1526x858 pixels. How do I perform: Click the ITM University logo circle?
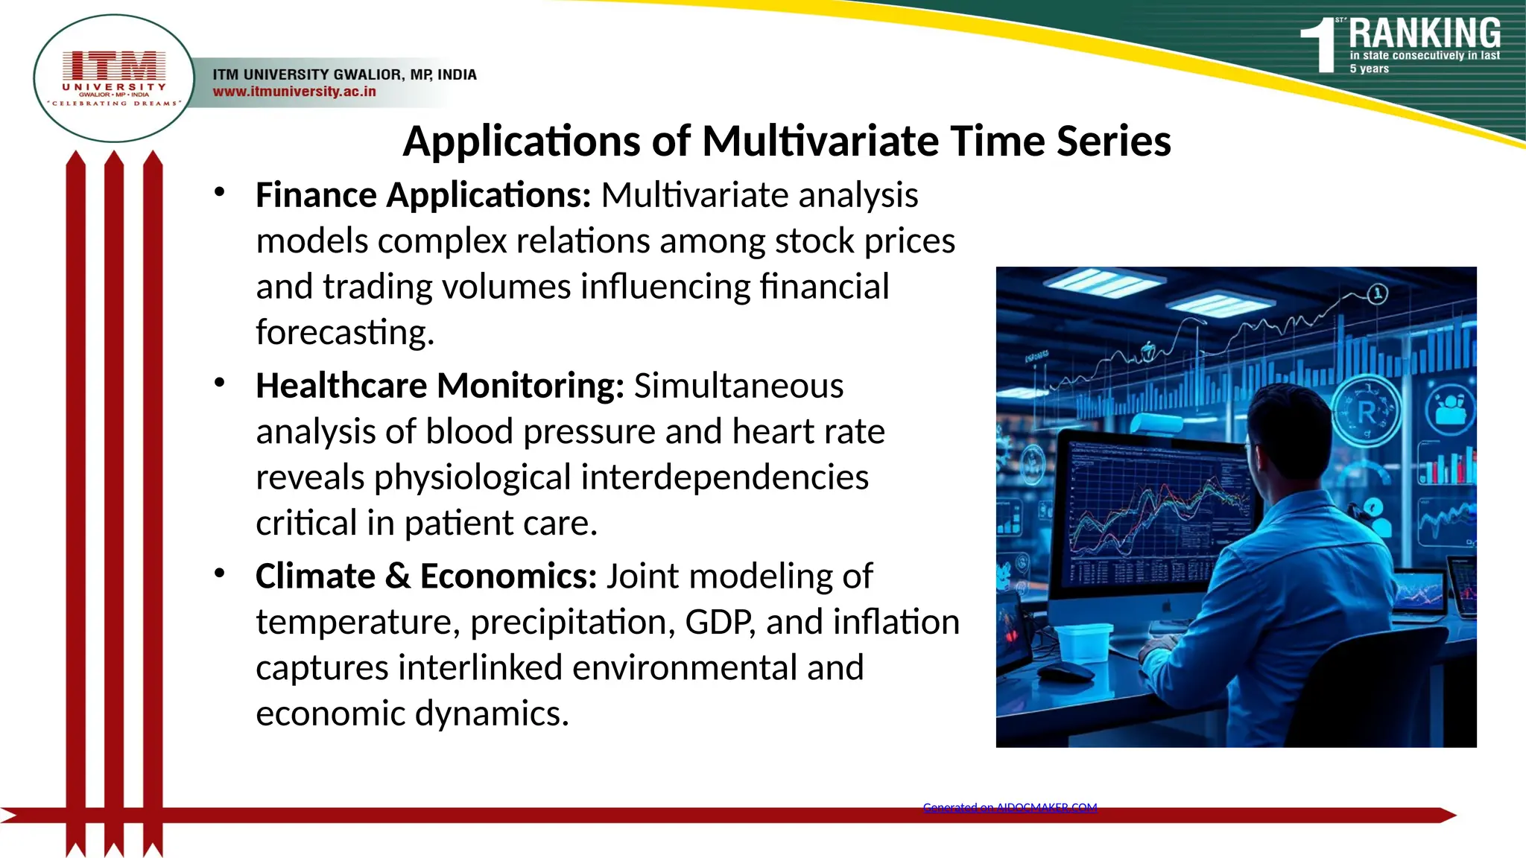pos(114,78)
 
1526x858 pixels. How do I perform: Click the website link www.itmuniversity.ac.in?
pos(294,92)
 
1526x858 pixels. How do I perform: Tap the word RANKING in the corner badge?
pos(1424,34)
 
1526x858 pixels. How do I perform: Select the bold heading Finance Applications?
pos(422,195)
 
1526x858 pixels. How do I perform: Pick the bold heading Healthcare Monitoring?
pos(440,386)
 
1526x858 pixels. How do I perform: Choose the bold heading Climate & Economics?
pos(425,576)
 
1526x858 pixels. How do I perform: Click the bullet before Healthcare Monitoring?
pos(219,384)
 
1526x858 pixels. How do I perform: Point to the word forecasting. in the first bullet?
pos(345,332)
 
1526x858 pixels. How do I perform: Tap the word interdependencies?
pos(724,477)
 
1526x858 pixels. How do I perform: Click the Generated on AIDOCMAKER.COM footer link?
pos(1010,807)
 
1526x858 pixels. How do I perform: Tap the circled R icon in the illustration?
pos(1367,412)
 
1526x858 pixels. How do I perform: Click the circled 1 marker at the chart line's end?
pos(1378,293)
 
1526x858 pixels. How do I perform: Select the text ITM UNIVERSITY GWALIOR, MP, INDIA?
pos(344,74)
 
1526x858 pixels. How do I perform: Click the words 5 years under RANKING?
pos(1369,69)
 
